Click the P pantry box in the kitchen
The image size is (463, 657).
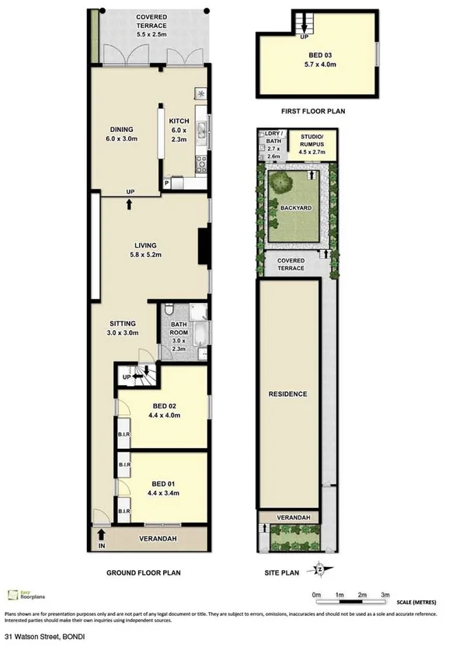(166, 183)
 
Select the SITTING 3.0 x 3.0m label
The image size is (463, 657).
(122, 327)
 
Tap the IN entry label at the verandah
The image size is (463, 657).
(100, 546)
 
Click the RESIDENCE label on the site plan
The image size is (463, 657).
(290, 394)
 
